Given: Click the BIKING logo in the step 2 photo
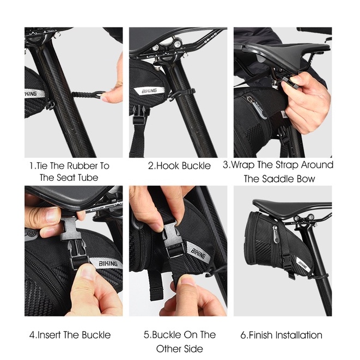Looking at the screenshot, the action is click(x=149, y=91).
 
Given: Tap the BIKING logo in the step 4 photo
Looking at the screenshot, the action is click(x=108, y=264).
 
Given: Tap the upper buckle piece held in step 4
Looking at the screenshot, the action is click(x=71, y=229).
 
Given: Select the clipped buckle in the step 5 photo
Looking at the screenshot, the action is click(x=173, y=241).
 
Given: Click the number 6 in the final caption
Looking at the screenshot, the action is click(x=243, y=335).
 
